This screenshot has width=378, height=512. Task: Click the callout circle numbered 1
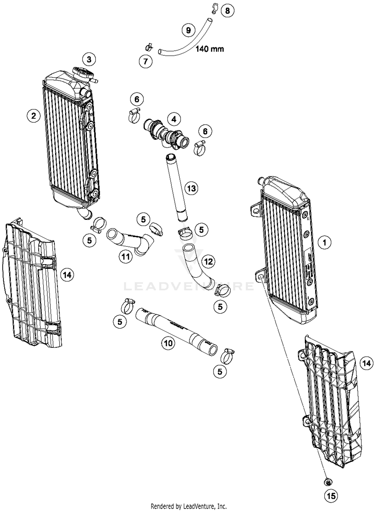coord(324,242)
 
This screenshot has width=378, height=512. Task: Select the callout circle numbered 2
coord(34,116)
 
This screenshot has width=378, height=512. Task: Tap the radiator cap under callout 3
coord(82,73)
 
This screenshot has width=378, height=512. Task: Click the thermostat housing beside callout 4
coord(166,134)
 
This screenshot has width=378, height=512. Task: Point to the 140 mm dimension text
coord(210,49)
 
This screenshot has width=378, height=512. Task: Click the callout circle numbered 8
coord(227,11)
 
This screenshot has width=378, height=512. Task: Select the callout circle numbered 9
coord(188,30)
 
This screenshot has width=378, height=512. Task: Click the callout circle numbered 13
coord(191,188)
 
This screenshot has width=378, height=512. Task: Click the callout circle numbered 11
coord(126,257)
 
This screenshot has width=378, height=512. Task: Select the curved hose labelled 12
coord(197,267)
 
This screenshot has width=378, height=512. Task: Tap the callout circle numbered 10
coord(168,343)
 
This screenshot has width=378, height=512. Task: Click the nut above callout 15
coord(328,482)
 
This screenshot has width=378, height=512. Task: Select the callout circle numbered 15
coord(331,496)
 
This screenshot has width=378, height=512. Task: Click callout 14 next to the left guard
coord(67,275)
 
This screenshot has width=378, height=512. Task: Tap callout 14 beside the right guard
coord(366,363)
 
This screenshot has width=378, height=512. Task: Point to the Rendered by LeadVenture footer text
coord(188,506)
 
